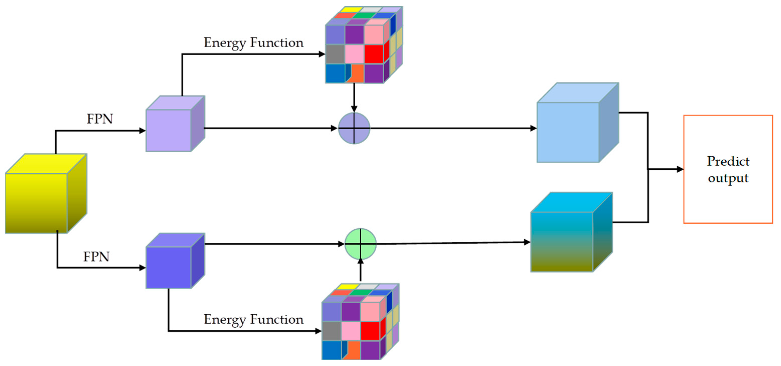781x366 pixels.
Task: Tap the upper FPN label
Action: [x=100, y=119]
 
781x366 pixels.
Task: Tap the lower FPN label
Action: [x=96, y=257]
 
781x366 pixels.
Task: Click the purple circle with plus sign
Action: [x=354, y=128]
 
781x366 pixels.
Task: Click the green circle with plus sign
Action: [x=360, y=244]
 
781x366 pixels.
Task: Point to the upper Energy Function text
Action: [x=253, y=43]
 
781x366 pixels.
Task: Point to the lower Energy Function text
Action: [x=253, y=320]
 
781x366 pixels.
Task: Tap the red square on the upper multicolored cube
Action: [x=373, y=54]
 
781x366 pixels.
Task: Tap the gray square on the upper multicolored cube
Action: [x=335, y=54]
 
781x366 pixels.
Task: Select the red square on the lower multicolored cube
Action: [x=370, y=331]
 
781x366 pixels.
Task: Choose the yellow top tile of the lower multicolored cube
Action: [x=347, y=286]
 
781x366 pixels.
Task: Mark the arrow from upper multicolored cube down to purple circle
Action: [x=354, y=97]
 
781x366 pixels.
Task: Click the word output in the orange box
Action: [x=728, y=178]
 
